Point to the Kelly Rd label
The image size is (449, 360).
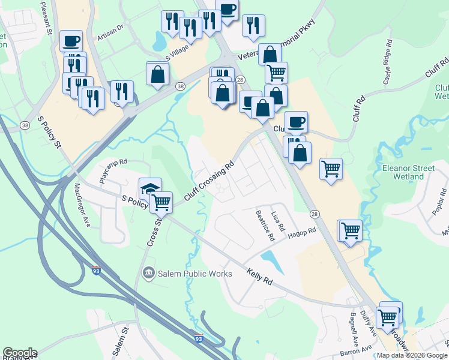point(260,277)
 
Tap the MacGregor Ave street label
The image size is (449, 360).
point(82,205)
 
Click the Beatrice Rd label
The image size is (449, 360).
point(265,225)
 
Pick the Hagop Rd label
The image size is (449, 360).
point(301,233)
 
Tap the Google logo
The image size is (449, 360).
point(20,353)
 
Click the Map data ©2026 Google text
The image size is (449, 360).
point(412,355)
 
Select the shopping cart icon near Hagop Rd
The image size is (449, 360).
point(351,230)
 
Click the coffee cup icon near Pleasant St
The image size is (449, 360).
point(71,41)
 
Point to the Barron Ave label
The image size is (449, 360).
point(357,349)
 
